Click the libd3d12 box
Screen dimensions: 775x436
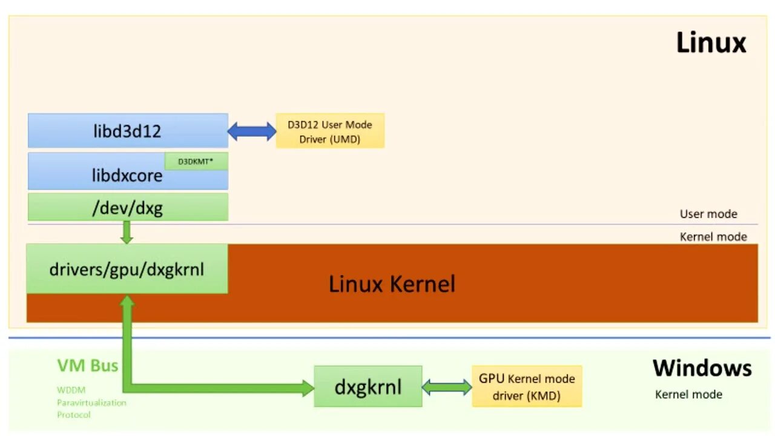tap(128, 130)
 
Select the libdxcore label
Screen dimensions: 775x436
tap(127, 176)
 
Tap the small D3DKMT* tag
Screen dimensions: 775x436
tap(196, 161)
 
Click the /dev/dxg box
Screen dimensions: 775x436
tap(128, 207)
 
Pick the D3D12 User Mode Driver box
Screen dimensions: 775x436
tap(330, 131)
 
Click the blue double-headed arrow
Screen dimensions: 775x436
tap(252, 131)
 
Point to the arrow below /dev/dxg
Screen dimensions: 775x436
tap(127, 232)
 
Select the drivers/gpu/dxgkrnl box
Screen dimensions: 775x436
tap(127, 269)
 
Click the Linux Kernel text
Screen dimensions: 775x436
tap(392, 284)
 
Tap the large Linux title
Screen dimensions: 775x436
tap(711, 42)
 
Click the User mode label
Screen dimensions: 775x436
tap(708, 214)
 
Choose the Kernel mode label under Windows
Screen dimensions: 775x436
tap(688, 394)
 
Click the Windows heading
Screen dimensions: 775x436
tap(702, 368)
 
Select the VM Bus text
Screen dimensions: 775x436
tap(88, 365)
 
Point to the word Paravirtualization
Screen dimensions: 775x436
tap(91, 403)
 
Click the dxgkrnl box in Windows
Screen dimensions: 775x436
tap(368, 386)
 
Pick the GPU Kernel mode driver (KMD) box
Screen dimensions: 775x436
tap(527, 386)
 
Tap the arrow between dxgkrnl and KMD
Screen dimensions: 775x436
tap(447, 387)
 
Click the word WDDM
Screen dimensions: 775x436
tap(71, 391)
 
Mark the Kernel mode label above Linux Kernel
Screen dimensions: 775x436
tap(713, 237)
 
